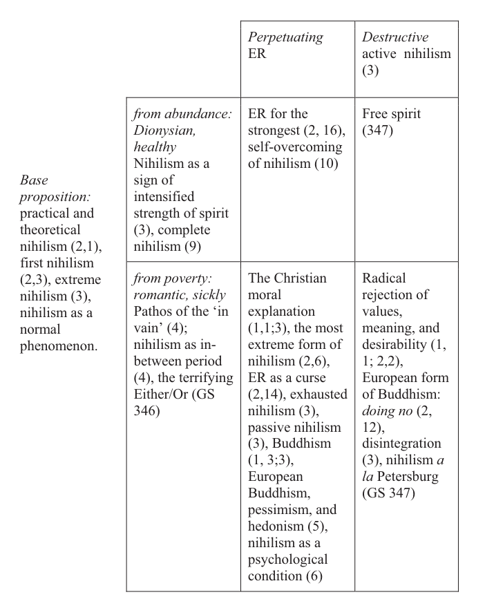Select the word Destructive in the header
click(395, 37)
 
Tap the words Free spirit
click(391, 114)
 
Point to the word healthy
click(155, 147)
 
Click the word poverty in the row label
click(188, 278)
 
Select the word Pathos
click(153, 312)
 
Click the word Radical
click(384, 278)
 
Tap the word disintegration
click(401, 444)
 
